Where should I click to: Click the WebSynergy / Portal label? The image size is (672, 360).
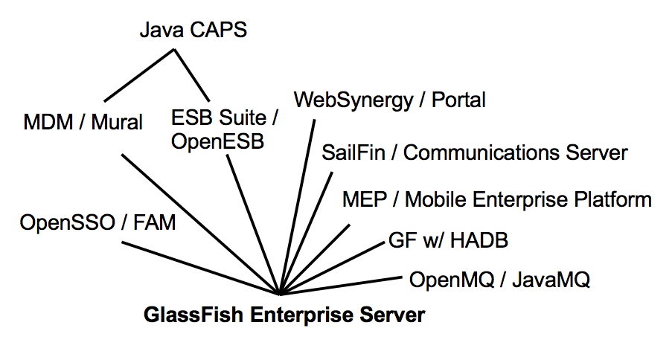pyautogui.click(x=390, y=100)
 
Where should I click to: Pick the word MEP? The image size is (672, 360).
pyautogui.click(x=363, y=199)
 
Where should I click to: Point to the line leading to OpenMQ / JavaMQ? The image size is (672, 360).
pyautogui.click(x=342, y=285)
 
